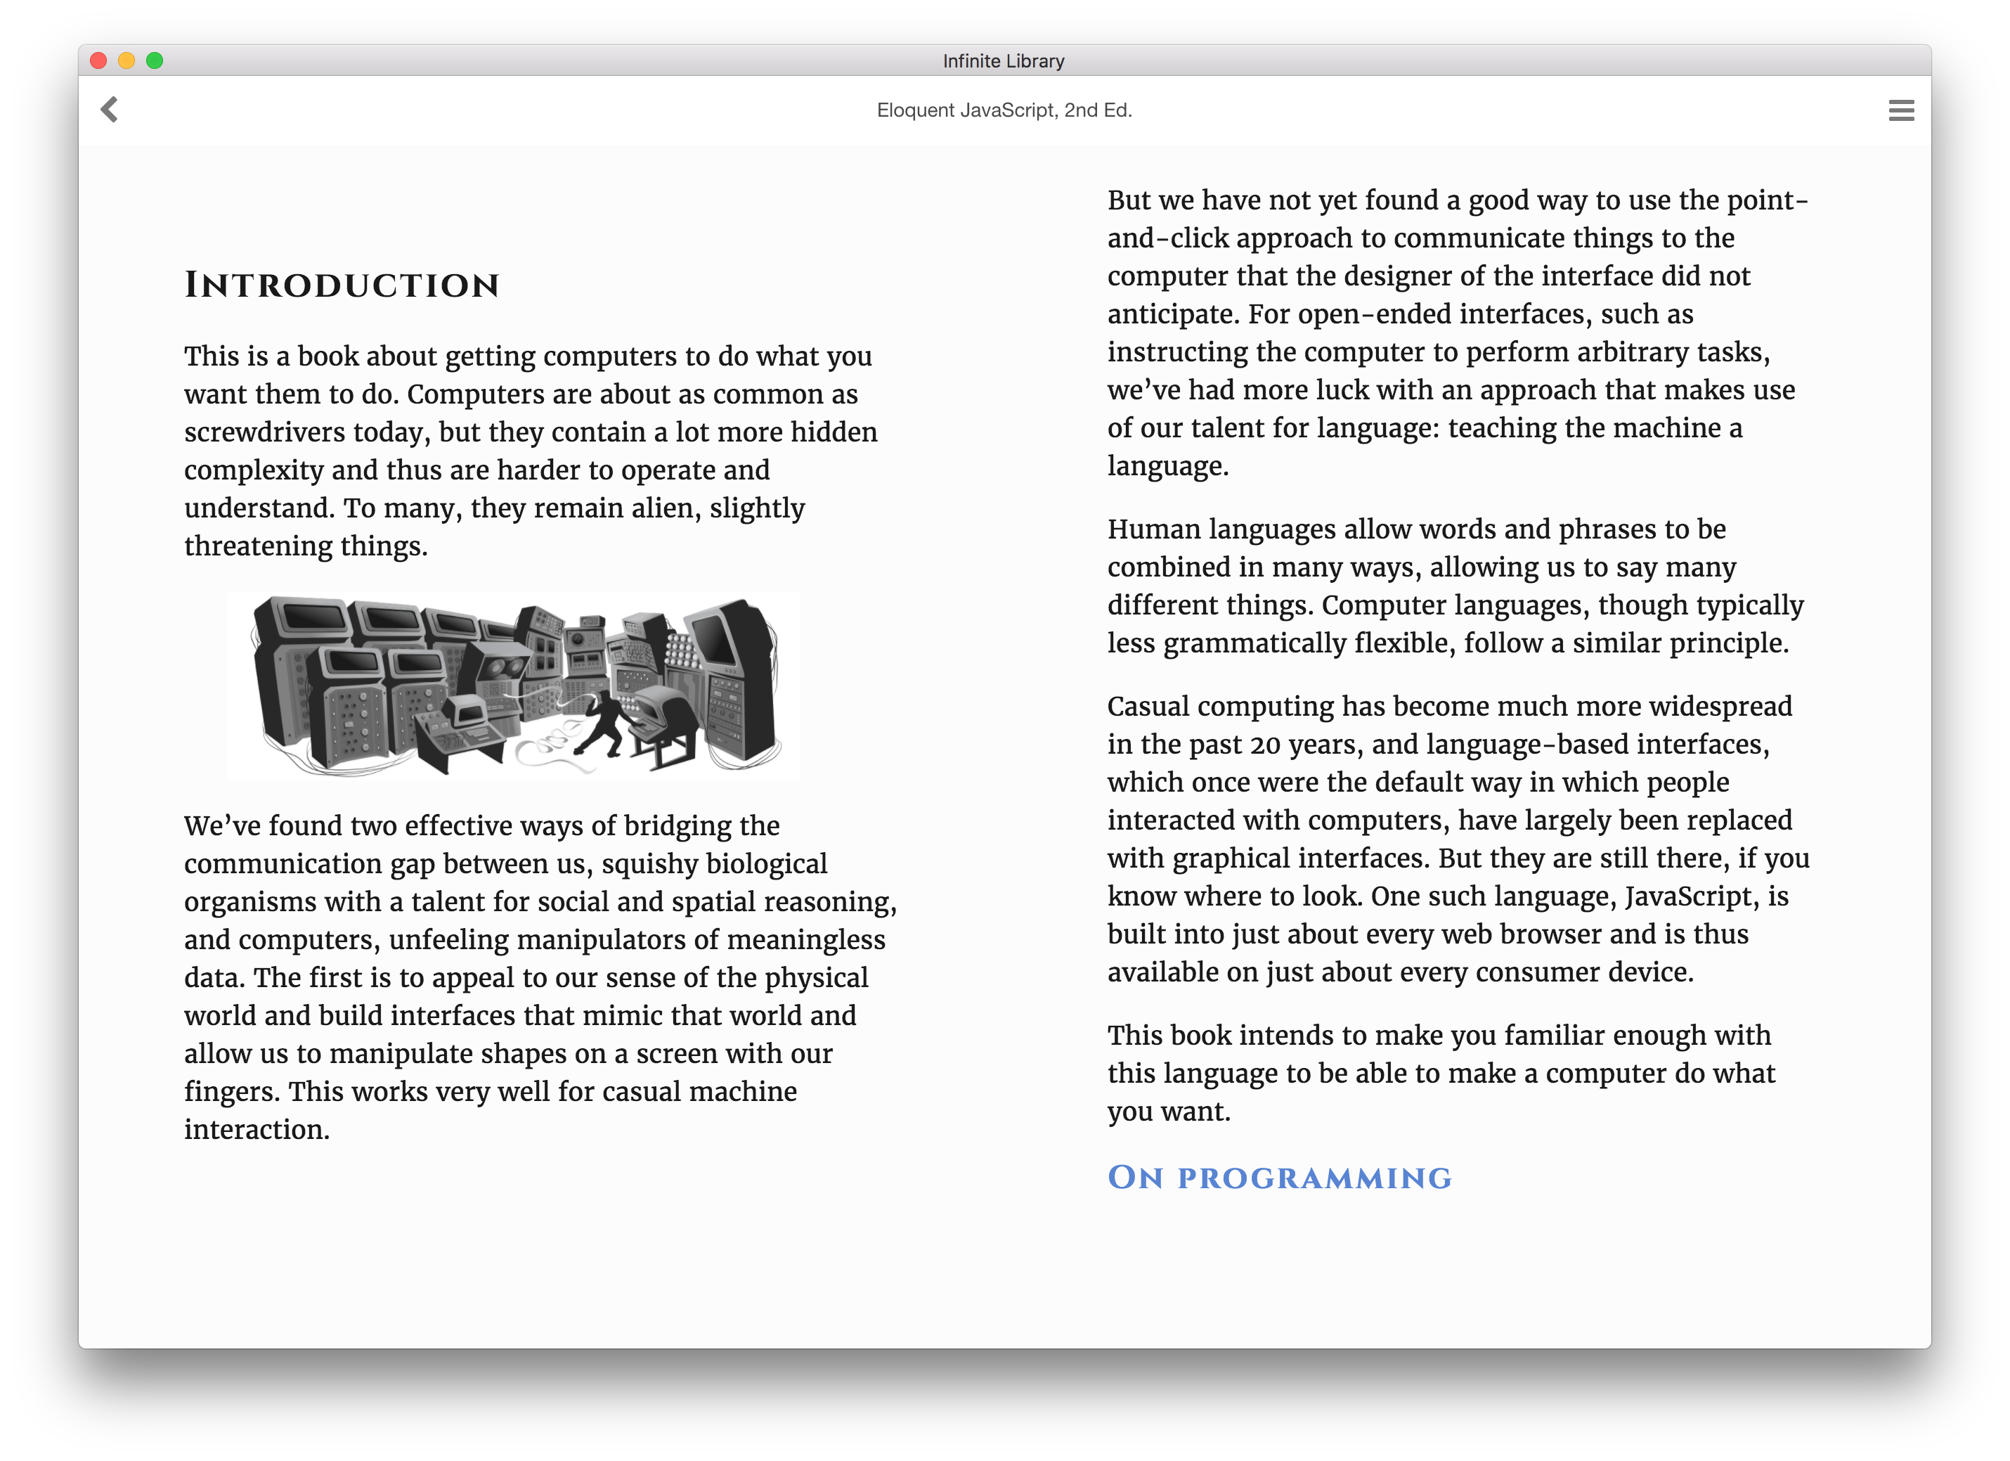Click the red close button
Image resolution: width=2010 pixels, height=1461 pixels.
(99, 60)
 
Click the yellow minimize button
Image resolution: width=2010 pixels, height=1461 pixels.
(127, 60)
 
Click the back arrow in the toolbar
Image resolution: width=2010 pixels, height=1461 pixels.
(109, 110)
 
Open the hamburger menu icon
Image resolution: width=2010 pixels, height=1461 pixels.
(1901, 110)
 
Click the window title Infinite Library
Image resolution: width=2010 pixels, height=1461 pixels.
(1003, 61)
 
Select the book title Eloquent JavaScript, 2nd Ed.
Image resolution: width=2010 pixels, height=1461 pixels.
(1004, 110)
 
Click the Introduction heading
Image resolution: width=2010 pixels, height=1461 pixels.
(342, 285)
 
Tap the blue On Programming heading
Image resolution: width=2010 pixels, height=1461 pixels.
(1279, 1178)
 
